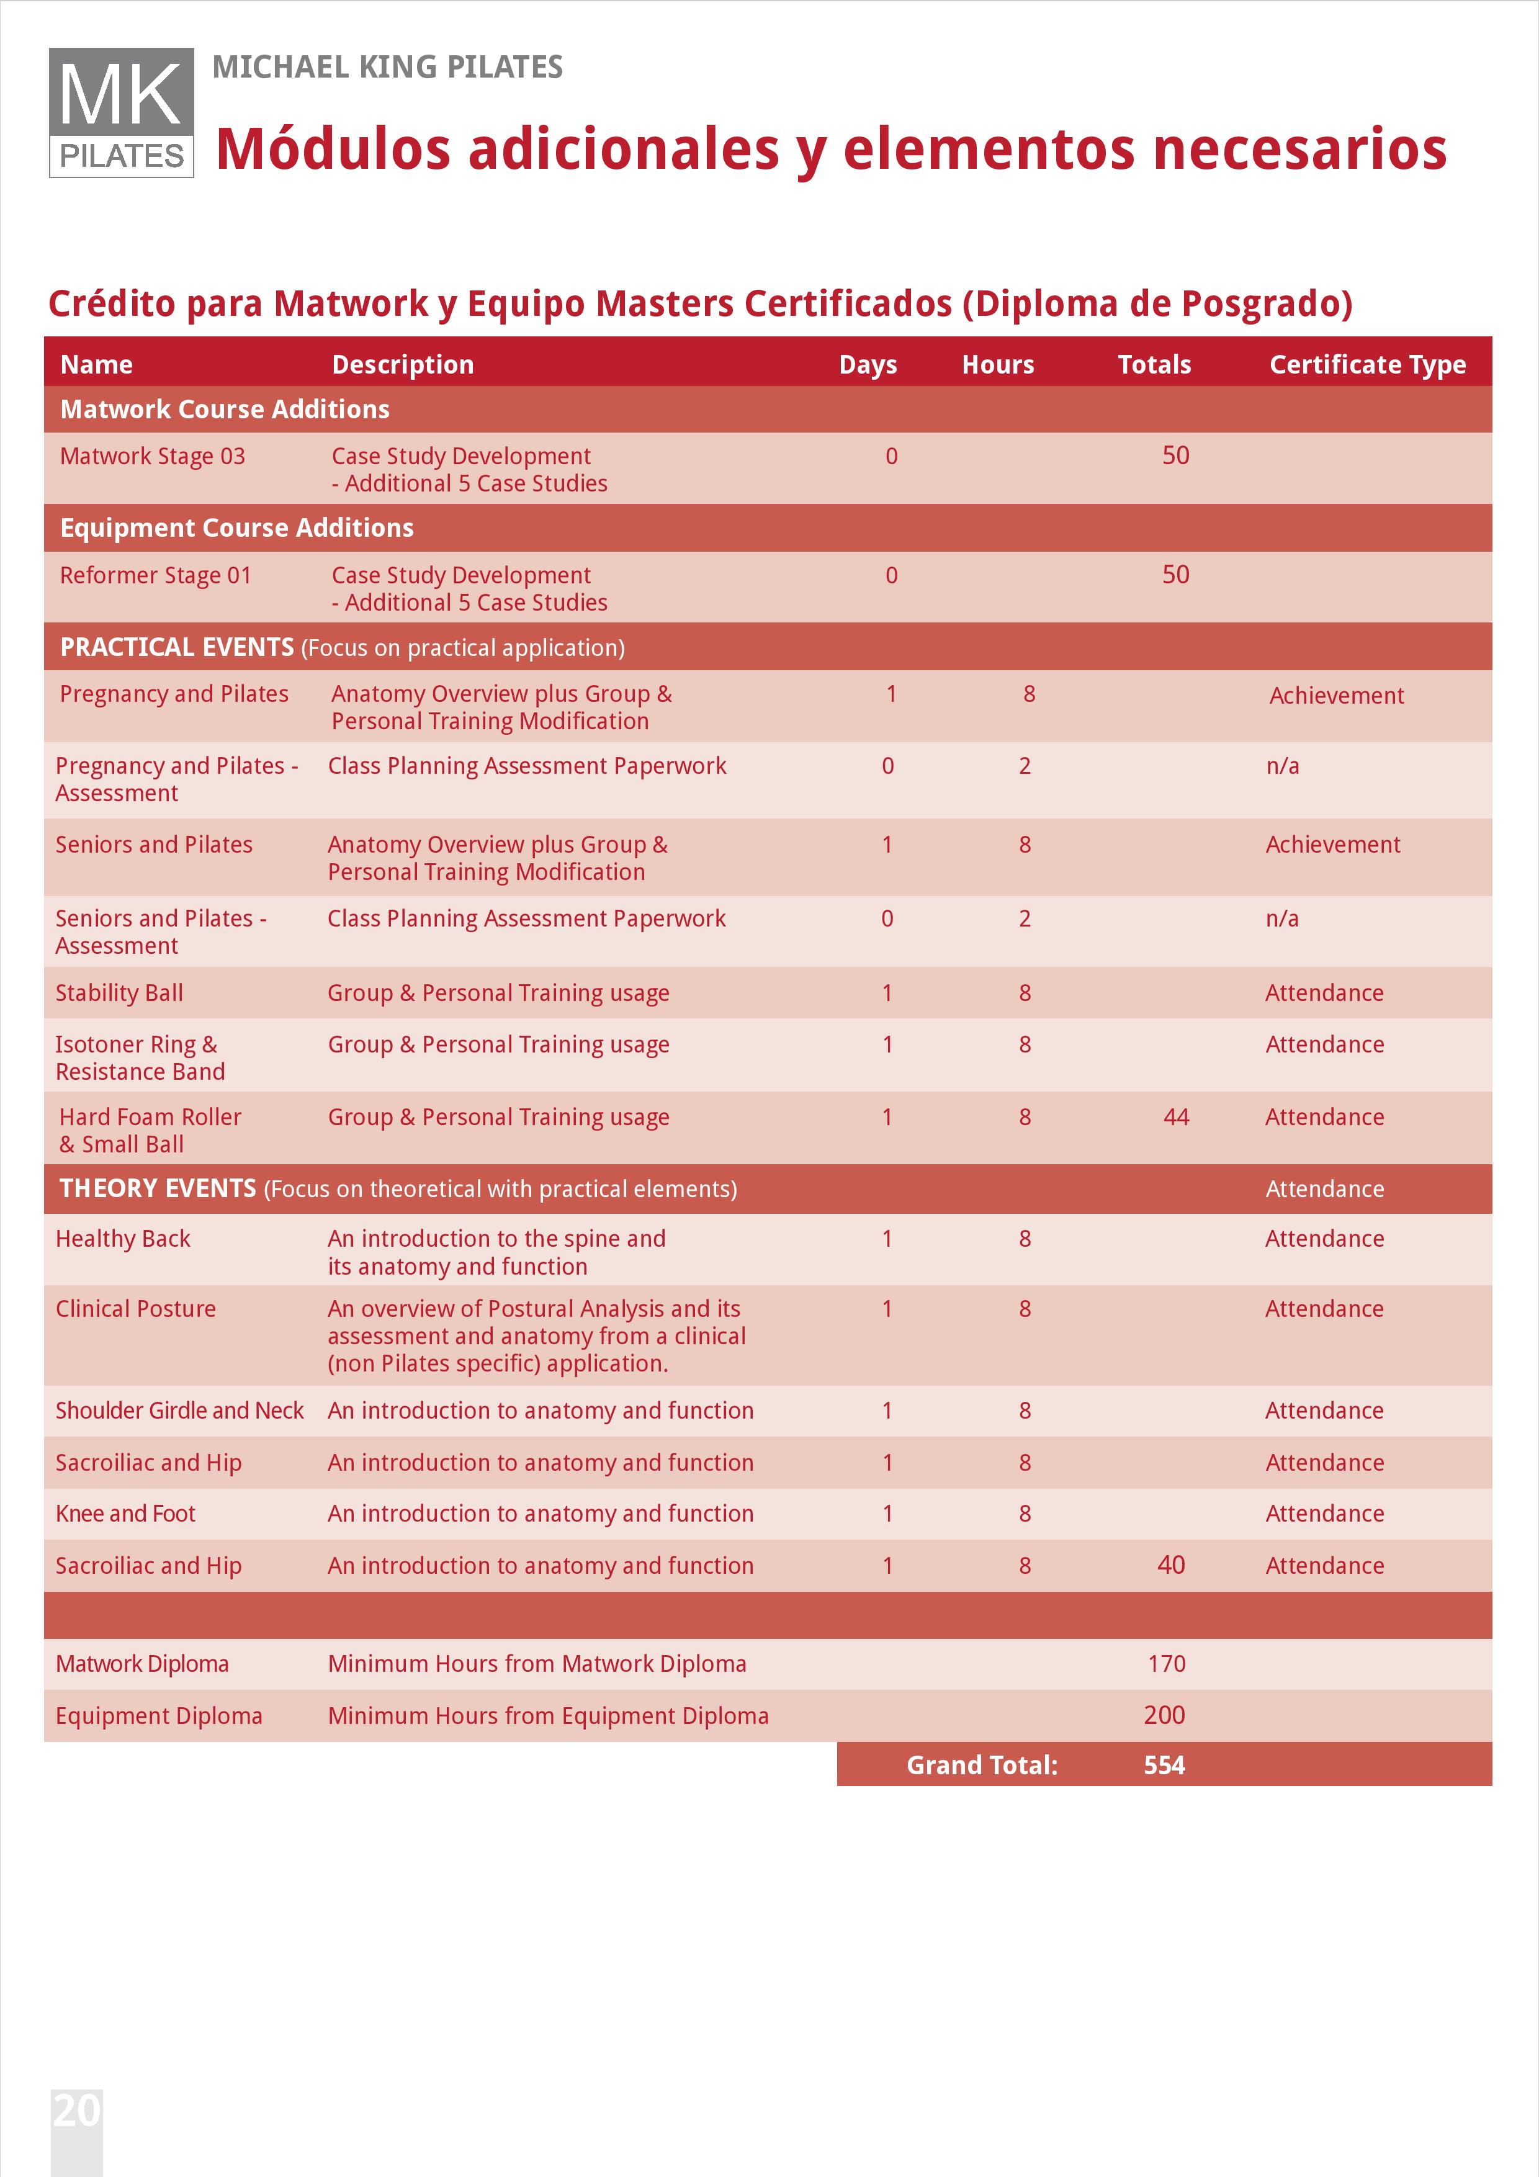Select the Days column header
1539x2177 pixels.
[x=867, y=365]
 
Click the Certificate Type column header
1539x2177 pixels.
[x=1366, y=365]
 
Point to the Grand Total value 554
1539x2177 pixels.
[x=1164, y=1766]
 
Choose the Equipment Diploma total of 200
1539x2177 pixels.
[x=1164, y=1715]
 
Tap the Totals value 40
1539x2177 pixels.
[x=1170, y=1566]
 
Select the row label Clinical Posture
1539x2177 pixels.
[x=136, y=1309]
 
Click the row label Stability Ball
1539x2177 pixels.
[x=120, y=994]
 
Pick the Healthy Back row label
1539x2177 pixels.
[x=123, y=1239]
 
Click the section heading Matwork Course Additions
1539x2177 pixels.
[x=225, y=410]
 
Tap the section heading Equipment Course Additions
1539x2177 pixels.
[x=237, y=528]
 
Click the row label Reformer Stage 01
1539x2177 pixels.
[x=156, y=575]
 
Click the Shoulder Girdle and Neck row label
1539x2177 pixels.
[x=179, y=1411]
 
